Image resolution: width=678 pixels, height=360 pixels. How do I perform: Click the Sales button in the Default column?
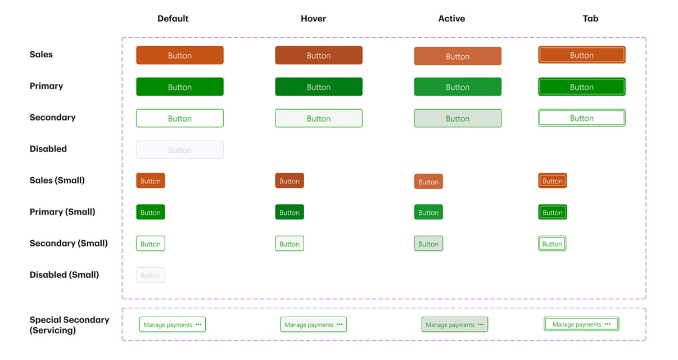click(x=180, y=55)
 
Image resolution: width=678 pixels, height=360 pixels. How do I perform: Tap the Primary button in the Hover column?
click(x=319, y=87)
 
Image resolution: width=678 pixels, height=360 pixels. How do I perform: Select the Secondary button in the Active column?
click(x=458, y=118)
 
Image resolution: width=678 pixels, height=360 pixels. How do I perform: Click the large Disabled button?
click(x=180, y=150)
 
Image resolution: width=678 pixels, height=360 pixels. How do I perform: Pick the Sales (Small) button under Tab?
click(x=553, y=181)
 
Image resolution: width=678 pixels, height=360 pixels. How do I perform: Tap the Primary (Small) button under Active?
click(x=428, y=212)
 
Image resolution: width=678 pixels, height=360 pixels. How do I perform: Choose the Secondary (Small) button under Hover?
click(x=290, y=244)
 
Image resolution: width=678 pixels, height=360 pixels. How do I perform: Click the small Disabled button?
click(x=151, y=275)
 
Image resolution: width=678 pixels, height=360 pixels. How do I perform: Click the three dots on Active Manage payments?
click(x=481, y=324)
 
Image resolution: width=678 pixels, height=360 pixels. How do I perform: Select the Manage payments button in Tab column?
click(x=581, y=324)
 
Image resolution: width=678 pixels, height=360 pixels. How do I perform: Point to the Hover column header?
click(x=313, y=19)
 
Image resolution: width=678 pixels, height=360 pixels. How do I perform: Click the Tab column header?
click(x=590, y=19)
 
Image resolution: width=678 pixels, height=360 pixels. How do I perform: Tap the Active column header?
click(x=451, y=19)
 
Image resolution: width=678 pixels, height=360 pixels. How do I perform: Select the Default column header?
click(x=173, y=19)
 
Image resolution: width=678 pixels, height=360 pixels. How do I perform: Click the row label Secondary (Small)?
click(x=69, y=243)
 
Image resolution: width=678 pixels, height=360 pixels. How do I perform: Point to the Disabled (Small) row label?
click(x=64, y=274)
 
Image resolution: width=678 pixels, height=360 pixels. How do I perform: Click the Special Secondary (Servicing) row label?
click(x=69, y=325)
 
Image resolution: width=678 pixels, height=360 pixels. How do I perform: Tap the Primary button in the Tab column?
click(x=582, y=87)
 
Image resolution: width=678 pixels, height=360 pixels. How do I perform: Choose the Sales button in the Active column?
click(x=458, y=56)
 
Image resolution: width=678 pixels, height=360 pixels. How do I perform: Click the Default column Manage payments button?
click(x=172, y=325)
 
